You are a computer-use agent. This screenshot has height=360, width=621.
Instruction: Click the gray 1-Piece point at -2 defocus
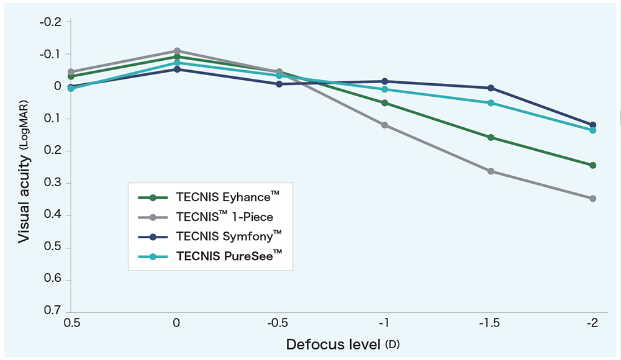tap(593, 199)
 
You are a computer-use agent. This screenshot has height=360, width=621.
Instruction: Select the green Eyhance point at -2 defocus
tap(593, 165)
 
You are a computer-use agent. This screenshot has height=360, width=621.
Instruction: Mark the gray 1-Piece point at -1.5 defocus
tap(491, 171)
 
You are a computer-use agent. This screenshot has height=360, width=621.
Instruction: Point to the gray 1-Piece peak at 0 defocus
tap(177, 51)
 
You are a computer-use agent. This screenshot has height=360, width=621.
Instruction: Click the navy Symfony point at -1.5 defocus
tap(491, 88)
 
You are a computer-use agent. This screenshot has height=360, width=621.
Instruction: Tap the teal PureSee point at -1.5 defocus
tap(491, 103)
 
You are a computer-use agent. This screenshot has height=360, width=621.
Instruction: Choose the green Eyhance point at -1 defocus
tap(385, 103)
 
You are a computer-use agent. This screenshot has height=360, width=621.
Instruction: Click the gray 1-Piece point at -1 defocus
tap(385, 125)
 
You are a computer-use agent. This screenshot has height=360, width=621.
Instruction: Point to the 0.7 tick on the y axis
tap(53, 311)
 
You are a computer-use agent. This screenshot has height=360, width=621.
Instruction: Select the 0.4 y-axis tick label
tap(53, 215)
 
